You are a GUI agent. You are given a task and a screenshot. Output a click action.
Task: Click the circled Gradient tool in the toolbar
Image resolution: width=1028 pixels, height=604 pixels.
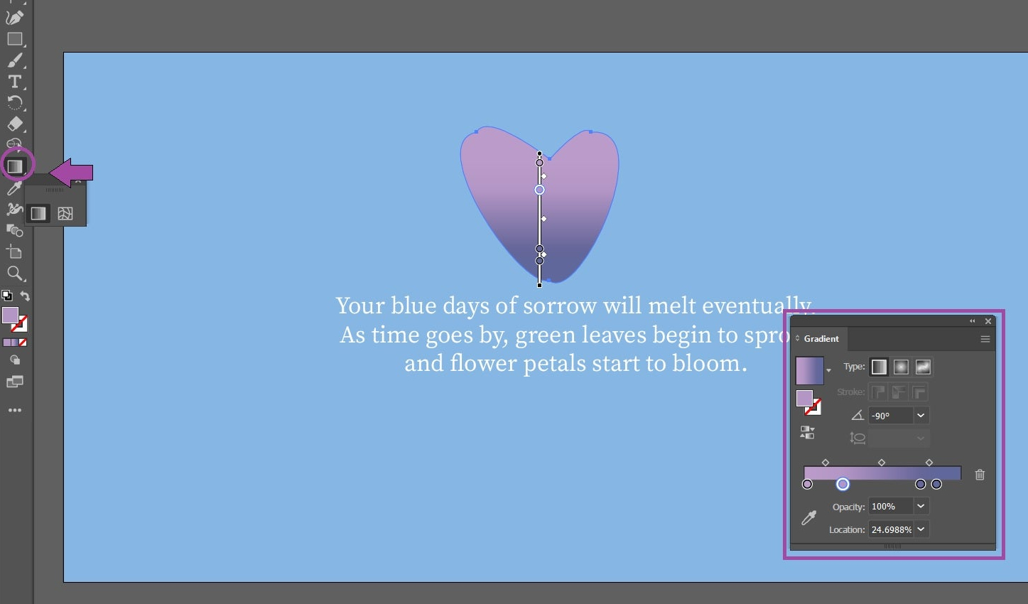pyautogui.click(x=15, y=166)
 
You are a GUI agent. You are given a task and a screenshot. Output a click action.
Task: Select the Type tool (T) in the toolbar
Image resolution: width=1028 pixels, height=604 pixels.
pyautogui.click(x=15, y=81)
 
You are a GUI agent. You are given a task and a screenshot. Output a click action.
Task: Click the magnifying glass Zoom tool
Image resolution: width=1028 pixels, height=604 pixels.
pyautogui.click(x=14, y=274)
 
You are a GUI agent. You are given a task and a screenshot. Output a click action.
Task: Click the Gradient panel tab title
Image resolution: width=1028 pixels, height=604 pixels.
pyautogui.click(x=821, y=339)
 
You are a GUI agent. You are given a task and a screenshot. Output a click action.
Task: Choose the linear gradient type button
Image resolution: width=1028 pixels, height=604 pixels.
pyautogui.click(x=879, y=367)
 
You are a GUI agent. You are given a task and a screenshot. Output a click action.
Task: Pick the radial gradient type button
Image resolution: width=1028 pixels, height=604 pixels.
pyautogui.click(x=901, y=367)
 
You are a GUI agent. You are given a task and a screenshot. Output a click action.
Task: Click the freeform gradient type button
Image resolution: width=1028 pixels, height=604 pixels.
pyautogui.click(x=923, y=367)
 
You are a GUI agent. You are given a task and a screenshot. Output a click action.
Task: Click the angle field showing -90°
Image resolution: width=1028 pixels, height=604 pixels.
pyautogui.click(x=890, y=416)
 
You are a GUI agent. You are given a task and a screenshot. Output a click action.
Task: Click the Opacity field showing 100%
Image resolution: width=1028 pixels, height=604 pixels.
pyautogui.click(x=890, y=507)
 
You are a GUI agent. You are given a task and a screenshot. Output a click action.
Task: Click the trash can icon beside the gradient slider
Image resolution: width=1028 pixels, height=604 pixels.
pyautogui.click(x=980, y=475)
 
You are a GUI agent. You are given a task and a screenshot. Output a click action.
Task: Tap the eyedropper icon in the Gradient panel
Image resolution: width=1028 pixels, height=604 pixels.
pyautogui.click(x=808, y=518)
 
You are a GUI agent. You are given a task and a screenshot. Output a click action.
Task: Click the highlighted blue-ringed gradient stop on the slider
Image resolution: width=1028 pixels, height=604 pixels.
pyautogui.click(x=843, y=484)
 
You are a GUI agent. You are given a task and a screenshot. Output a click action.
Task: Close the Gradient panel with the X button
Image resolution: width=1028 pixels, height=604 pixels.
pyautogui.click(x=988, y=321)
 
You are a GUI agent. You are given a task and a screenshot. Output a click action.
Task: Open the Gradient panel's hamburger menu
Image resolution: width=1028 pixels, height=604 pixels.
pyautogui.click(x=985, y=339)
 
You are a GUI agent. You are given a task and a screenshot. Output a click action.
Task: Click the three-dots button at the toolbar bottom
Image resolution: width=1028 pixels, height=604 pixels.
pyautogui.click(x=15, y=411)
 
